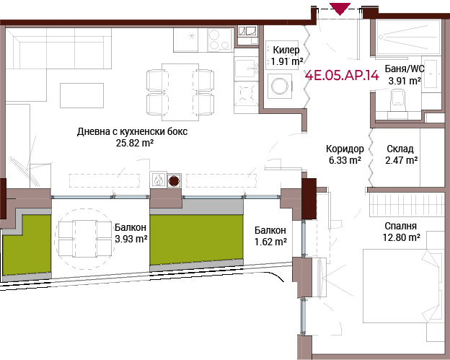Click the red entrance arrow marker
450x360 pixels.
click(x=340, y=9)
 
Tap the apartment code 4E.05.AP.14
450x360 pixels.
click(x=342, y=76)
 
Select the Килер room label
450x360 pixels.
click(x=286, y=50)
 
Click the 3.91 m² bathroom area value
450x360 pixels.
click(x=405, y=81)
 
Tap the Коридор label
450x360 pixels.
click(x=345, y=149)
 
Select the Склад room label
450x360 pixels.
click(x=400, y=149)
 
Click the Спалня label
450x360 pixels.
click(x=400, y=226)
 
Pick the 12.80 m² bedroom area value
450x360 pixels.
click(x=402, y=237)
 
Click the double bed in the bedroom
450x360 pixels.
click(x=402, y=286)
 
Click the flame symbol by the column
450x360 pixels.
click(x=158, y=180)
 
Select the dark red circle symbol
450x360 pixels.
click(x=174, y=181)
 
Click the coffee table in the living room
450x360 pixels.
click(x=81, y=96)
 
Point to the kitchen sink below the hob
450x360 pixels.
click(x=246, y=69)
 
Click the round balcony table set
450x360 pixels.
click(x=84, y=239)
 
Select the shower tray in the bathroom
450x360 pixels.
click(x=408, y=37)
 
